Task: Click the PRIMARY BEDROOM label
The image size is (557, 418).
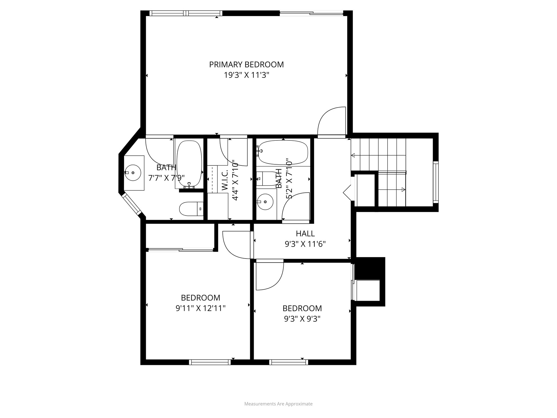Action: point(246,64)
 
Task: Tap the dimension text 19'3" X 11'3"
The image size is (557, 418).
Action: point(246,75)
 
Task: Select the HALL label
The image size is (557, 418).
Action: point(305,233)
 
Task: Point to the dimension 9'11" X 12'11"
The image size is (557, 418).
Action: point(200,308)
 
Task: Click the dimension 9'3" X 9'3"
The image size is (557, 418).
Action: point(302,319)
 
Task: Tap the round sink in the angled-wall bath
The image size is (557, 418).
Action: point(133,173)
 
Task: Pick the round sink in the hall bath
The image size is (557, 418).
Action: point(265,202)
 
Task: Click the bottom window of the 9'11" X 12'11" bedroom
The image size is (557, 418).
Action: point(210,362)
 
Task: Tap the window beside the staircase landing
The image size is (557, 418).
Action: point(435,182)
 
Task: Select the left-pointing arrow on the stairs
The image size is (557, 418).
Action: point(353,155)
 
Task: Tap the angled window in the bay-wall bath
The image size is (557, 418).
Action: point(131,204)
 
